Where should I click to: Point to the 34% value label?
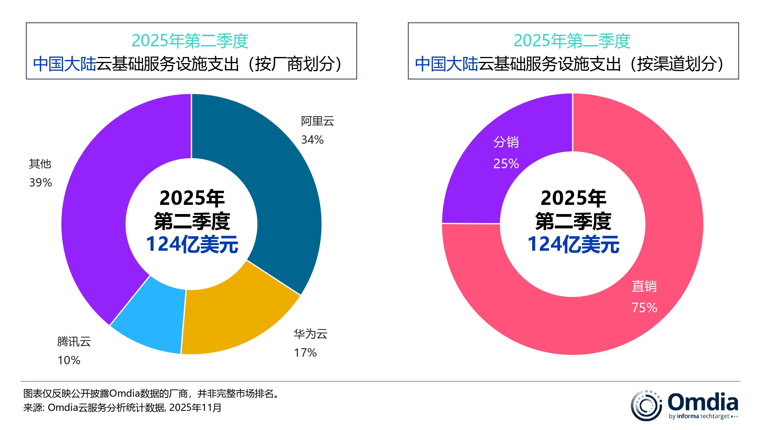[x=312, y=140]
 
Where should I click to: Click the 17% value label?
[x=305, y=352]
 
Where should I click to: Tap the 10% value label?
[x=69, y=360]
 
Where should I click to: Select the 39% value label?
[x=40, y=182]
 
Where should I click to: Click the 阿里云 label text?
[x=317, y=121]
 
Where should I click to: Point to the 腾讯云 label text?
[x=74, y=341]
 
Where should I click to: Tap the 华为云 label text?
[x=310, y=334]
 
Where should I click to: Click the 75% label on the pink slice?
[x=644, y=307]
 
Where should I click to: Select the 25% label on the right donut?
[x=506, y=163]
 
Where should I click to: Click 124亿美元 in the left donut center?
[x=192, y=244]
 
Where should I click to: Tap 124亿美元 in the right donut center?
[x=573, y=244]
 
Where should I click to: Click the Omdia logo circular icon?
[x=646, y=406]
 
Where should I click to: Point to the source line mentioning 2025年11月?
[x=122, y=407]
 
